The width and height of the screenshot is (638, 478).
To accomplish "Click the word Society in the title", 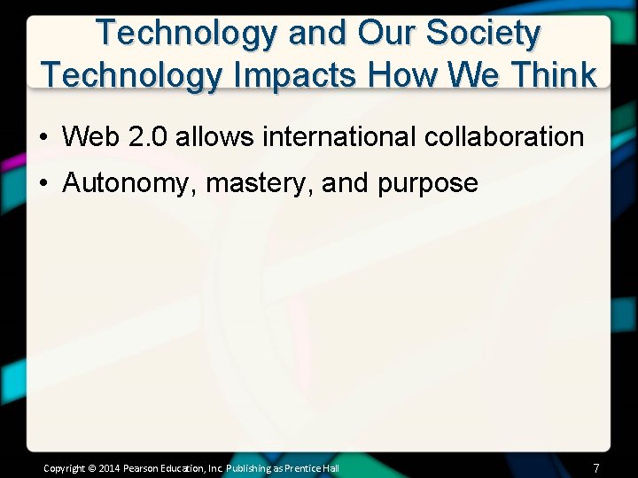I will [x=484, y=33].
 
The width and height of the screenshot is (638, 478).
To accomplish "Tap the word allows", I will [x=205, y=137].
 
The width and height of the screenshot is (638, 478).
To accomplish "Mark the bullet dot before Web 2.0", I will [x=43, y=138].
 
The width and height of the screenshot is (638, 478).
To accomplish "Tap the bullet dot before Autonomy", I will [x=43, y=184].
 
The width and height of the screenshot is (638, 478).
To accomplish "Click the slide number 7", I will [x=596, y=467].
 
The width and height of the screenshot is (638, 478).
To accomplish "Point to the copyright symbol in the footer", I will [x=92, y=468].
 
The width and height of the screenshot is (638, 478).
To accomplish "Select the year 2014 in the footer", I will [x=109, y=468].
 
